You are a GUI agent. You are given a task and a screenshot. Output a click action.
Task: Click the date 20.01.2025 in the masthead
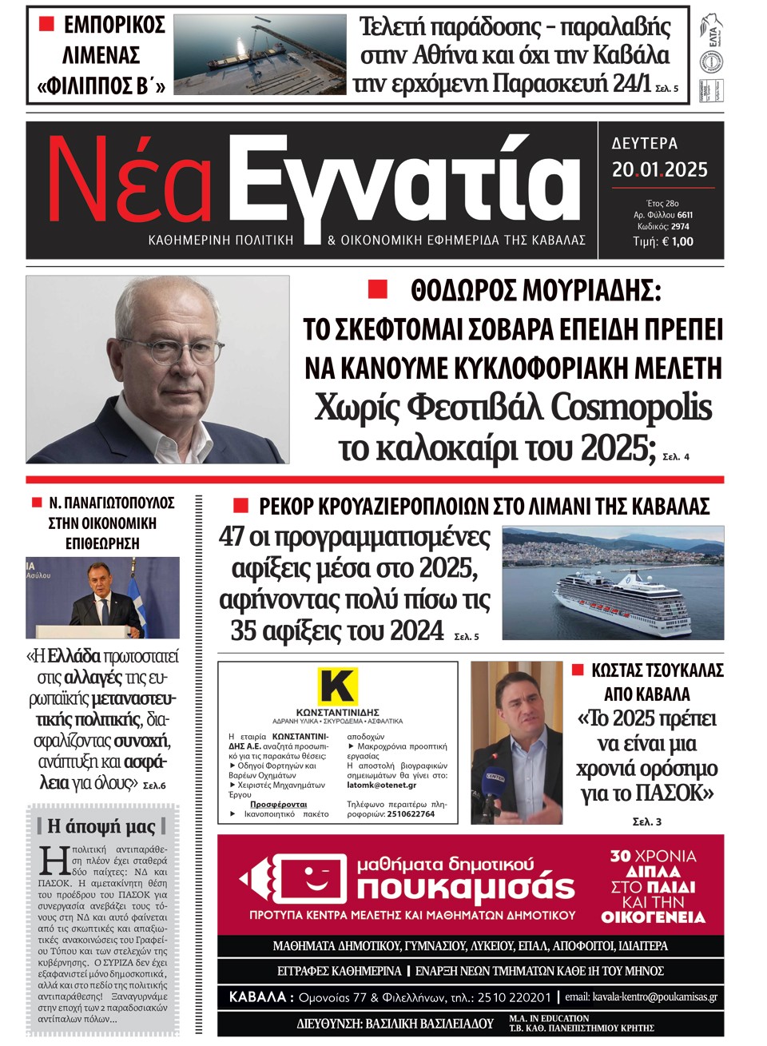(660, 169)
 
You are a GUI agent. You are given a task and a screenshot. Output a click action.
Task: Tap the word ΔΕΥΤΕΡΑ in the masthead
(645, 144)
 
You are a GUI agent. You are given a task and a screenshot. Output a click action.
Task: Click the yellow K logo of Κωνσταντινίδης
(337, 686)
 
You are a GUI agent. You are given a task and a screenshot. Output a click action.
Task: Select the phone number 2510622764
(411, 814)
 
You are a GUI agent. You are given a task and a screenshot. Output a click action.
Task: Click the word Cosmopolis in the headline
(630, 407)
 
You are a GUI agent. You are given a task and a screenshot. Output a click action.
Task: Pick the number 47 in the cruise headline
(232, 536)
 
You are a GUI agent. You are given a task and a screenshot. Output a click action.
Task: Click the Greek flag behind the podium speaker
(138, 605)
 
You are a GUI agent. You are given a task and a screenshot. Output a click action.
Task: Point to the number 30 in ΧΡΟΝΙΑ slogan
(621, 857)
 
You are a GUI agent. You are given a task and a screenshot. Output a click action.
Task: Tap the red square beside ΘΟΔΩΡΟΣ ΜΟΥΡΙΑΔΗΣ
(377, 288)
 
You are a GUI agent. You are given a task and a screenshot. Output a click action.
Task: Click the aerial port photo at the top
(260, 55)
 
